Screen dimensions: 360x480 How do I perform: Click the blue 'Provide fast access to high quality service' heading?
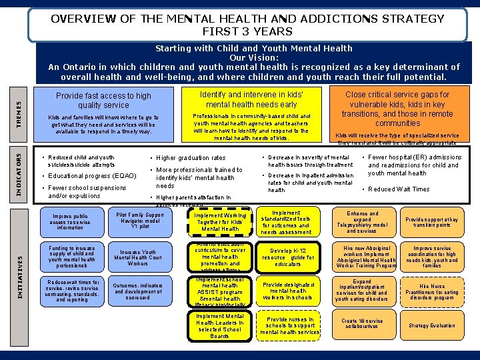click(x=103, y=100)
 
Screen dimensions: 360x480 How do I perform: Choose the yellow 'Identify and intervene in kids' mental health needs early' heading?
click(x=252, y=99)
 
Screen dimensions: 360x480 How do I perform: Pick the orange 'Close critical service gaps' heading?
click(x=397, y=109)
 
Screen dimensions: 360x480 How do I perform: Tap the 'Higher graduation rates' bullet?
click(x=191, y=158)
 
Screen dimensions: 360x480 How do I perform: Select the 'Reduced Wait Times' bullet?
click(x=399, y=189)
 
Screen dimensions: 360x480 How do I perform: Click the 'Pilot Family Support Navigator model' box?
click(x=139, y=221)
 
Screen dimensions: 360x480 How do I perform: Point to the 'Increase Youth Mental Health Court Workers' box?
click(x=139, y=258)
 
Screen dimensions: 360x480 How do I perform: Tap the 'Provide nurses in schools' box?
click(x=290, y=326)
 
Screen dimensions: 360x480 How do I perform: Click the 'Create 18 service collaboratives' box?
click(x=362, y=323)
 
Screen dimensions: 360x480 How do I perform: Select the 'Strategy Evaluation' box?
click(x=431, y=325)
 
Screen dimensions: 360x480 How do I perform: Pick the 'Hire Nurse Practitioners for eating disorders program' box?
click(x=431, y=291)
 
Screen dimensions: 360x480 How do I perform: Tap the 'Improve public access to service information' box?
click(x=70, y=222)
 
